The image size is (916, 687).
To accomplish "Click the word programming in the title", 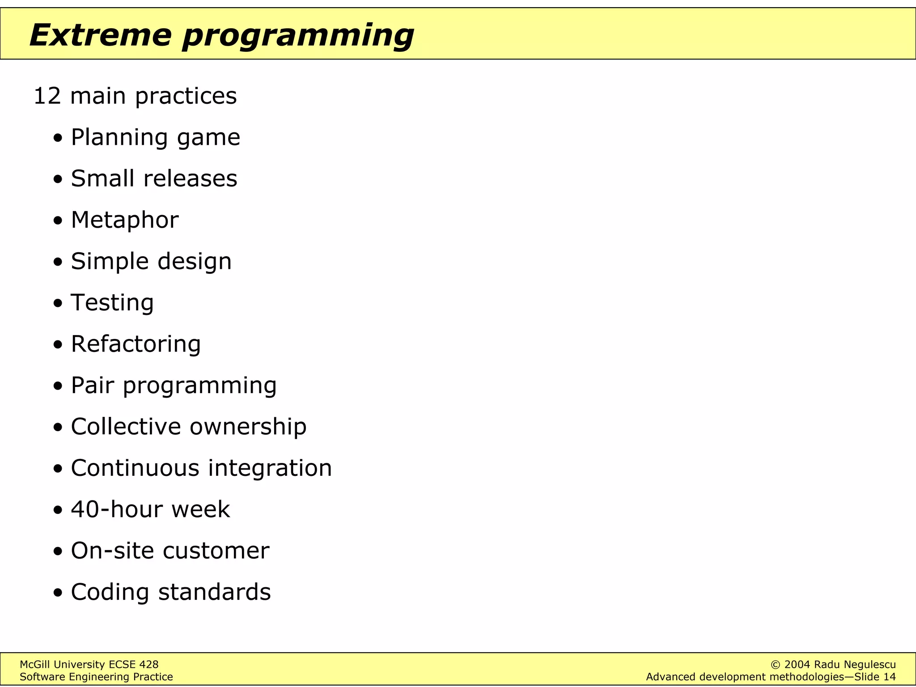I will (297, 36).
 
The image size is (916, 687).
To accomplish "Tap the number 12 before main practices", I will (47, 96).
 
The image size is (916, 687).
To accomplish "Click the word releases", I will (190, 178).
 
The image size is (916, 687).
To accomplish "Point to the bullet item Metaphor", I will (125, 220).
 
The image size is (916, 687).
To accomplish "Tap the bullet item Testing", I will (112, 303).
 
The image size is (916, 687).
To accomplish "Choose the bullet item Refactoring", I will (136, 344).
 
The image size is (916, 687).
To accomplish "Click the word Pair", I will (92, 385).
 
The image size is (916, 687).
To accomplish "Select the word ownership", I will (248, 426).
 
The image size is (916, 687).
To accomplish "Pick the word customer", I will (216, 551).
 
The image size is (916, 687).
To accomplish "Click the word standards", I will (214, 592).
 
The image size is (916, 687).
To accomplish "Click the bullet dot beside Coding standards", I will (58, 594).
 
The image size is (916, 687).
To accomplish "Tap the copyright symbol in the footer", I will (776, 665).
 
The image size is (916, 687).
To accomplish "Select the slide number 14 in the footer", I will (889, 677).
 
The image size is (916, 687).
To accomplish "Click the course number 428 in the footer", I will (148, 665).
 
